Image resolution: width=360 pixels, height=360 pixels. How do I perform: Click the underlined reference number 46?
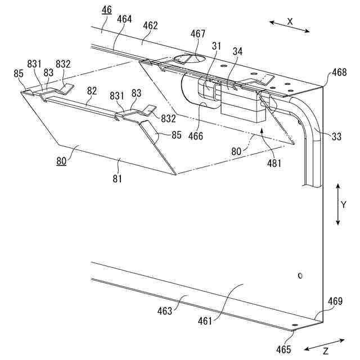point(107,10)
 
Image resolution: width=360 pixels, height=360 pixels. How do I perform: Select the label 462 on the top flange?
point(150,25)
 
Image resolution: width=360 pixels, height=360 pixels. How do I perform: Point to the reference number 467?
point(197,34)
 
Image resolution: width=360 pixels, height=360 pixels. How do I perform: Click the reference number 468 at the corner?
point(339,73)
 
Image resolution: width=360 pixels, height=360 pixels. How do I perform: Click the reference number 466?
point(196,136)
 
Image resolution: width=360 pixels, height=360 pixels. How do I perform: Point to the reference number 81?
point(118,179)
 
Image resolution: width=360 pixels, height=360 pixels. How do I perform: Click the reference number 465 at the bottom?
point(283,349)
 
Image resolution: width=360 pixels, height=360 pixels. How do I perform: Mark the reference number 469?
point(335,301)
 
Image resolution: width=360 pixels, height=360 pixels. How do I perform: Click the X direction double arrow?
point(289,26)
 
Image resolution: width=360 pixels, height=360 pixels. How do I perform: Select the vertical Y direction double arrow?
point(337,204)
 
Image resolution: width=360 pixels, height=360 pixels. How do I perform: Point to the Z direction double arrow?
point(325,345)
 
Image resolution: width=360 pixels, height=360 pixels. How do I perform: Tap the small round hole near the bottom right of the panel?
point(300,276)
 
